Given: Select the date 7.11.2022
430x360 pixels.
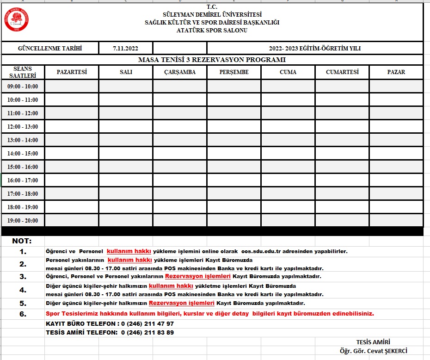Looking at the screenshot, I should [125, 48].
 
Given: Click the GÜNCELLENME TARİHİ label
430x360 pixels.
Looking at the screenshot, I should [50, 48].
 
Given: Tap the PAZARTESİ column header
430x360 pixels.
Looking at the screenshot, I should [72, 72].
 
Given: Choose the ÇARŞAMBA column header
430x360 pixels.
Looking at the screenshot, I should [180, 72].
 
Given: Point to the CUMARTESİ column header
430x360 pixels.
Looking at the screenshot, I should [342, 72].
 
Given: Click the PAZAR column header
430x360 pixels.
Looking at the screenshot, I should [396, 72].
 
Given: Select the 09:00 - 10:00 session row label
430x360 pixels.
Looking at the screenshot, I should [23, 87].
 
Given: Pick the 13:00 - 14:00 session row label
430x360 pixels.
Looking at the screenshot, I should [23, 140].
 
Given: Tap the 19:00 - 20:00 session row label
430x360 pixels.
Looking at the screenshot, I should [23, 221].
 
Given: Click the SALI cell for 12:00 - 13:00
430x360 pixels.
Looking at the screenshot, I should [126, 126].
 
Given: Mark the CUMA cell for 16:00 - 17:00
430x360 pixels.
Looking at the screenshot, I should [288, 180].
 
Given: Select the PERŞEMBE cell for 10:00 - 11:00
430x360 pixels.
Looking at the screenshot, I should [234, 99].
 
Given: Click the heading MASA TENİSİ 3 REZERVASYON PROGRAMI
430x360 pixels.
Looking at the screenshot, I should [212, 60].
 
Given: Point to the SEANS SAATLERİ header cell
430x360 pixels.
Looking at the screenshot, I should [23, 72].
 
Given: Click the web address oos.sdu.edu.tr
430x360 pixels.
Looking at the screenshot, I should [266, 251].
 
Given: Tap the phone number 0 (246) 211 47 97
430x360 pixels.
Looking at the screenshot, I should [147, 323].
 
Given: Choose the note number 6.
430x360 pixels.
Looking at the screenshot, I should [23, 314].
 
